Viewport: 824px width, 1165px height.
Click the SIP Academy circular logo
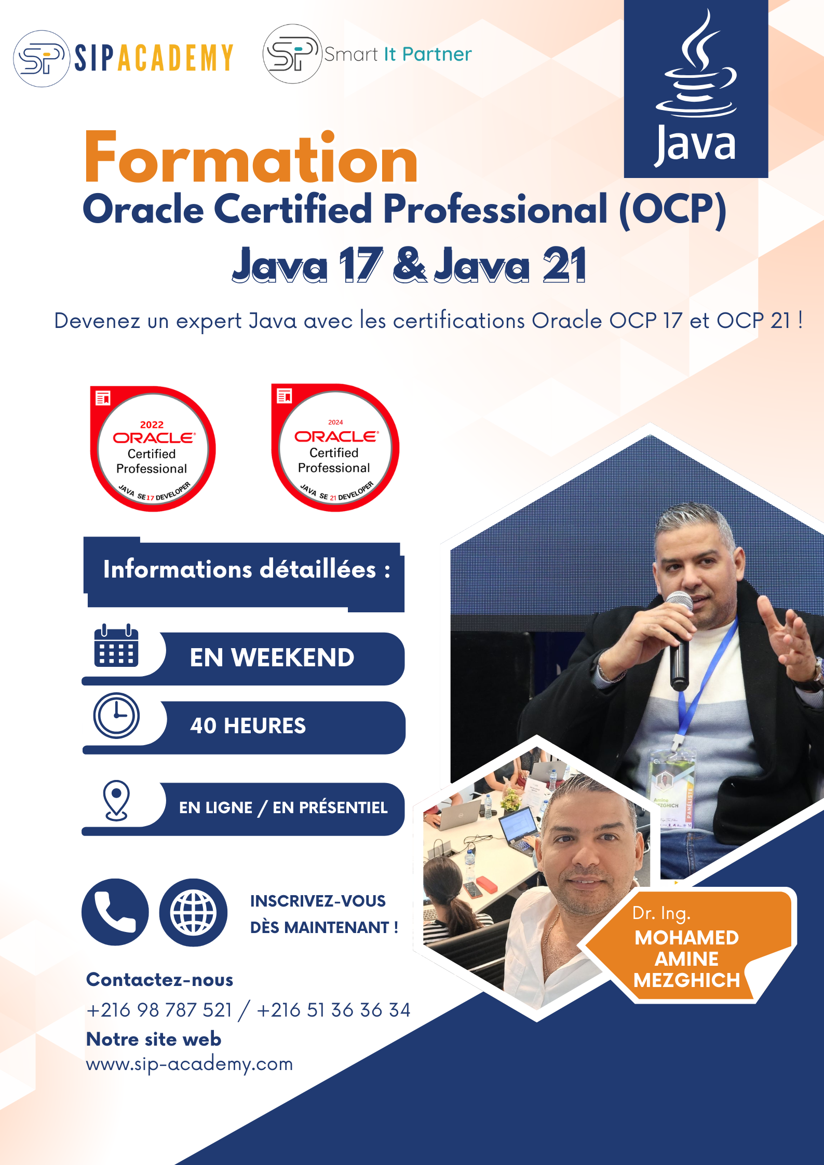coord(42,58)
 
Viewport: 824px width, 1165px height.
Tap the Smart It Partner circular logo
coord(292,54)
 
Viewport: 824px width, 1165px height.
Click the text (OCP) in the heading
coord(673,210)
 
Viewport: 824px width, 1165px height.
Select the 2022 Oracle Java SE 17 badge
coord(153,448)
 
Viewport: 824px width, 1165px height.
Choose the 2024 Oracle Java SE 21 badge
coord(335,447)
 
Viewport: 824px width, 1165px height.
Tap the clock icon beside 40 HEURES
coord(116,715)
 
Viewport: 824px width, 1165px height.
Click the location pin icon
coord(116,800)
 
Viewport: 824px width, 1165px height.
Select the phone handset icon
coord(115,912)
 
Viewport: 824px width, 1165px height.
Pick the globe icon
coord(193,912)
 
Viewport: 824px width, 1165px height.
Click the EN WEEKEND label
coord(272,657)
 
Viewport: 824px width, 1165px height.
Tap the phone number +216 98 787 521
coord(159,1010)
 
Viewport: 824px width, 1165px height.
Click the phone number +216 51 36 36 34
coord(333,1010)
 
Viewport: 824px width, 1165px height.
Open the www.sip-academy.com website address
coord(190,1064)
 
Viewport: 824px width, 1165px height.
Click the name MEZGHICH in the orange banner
coord(686,980)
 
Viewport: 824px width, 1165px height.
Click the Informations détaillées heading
coord(247,569)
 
